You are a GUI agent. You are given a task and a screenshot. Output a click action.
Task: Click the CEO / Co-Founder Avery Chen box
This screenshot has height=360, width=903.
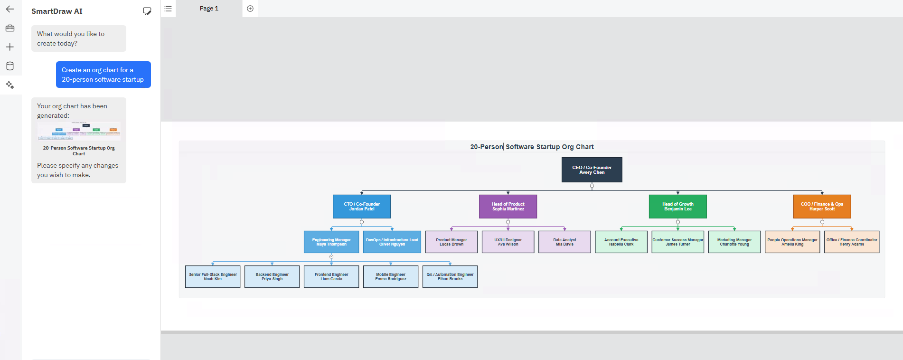click(x=592, y=170)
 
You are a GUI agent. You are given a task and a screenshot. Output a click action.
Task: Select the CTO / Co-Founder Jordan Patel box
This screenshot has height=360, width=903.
click(x=362, y=207)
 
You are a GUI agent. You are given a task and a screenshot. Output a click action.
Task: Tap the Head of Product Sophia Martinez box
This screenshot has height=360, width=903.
click(x=508, y=207)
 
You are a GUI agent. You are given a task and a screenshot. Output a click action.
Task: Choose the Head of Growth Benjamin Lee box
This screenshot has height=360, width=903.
click(x=677, y=207)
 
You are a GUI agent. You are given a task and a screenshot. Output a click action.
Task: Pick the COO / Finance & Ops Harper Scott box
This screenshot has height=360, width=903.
click(x=822, y=207)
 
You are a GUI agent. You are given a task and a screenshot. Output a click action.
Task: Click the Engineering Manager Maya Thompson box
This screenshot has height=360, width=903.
click(x=331, y=242)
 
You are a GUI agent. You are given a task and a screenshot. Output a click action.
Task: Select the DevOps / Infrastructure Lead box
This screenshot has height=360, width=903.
click(x=392, y=242)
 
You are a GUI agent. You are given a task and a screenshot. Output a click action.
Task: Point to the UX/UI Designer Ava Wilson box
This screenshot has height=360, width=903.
click(x=508, y=242)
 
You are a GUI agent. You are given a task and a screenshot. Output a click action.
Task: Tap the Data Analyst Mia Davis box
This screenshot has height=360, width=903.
click(x=564, y=242)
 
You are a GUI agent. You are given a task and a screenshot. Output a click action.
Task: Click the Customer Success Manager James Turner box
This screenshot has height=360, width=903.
click(x=678, y=242)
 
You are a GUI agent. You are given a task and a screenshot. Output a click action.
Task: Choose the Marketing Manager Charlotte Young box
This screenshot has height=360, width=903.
click(x=734, y=242)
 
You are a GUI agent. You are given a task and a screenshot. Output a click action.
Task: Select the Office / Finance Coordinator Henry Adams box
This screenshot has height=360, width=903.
click(x=852, y=242)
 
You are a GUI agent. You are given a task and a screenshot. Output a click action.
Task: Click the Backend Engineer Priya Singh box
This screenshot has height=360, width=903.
click(x=272, y=276)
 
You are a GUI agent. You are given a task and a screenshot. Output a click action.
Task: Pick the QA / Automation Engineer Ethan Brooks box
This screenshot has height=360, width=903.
click(x=450, y=276)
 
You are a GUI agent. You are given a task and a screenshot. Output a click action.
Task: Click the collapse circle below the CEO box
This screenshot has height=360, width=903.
click(x=592, y=186)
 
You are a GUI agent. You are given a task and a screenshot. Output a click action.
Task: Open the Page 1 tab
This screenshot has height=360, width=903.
click(x=209, y=9)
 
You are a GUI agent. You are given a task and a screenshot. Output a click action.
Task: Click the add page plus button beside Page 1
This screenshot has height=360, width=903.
click(x=250, y=9)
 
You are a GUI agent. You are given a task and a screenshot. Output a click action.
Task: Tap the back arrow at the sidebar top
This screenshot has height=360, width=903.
click(x=10, y=9)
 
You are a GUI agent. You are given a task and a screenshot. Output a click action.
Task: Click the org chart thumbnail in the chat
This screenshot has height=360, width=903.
click(x=79, y=131)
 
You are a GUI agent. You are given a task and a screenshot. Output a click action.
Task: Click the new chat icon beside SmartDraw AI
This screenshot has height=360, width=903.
click(x=147, y=11)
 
